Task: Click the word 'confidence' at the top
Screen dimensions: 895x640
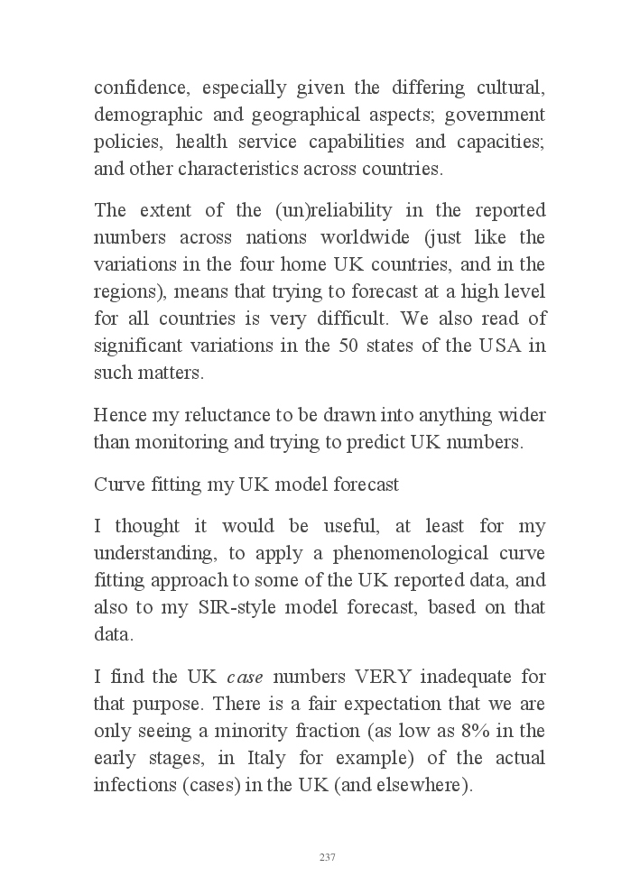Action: pyautogui.click(x=139, y=88)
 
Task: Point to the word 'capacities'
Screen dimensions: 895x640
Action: pyautogui.click(x=502, y=143)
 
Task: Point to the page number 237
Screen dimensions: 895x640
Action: pyautogui.click(x=328, y=857)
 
